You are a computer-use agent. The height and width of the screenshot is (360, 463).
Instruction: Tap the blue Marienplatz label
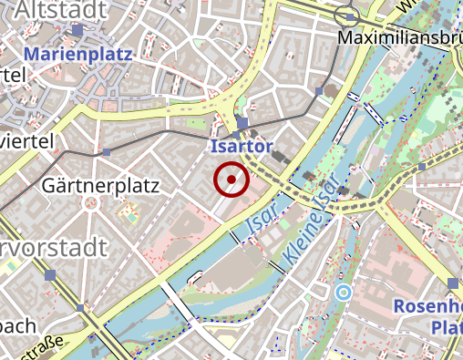point(77,54)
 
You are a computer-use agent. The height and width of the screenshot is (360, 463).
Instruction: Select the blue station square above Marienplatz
point(78,30)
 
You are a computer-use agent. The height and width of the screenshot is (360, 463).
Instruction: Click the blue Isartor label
point(241,146)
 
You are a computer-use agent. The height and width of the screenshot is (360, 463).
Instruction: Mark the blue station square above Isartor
point(242,123)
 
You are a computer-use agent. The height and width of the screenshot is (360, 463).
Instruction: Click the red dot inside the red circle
point(231,180)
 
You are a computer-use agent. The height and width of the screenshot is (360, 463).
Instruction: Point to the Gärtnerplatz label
point(100,186)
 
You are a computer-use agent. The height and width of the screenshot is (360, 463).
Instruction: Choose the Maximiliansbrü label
point(399,38)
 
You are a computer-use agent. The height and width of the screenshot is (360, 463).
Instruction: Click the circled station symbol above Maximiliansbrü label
point(345,15)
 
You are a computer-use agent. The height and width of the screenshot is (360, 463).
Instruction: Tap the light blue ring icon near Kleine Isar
point(343,292)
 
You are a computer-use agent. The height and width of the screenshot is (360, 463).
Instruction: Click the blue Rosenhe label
point(427,305)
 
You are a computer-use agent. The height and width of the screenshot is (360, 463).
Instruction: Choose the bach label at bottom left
point(17,325)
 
